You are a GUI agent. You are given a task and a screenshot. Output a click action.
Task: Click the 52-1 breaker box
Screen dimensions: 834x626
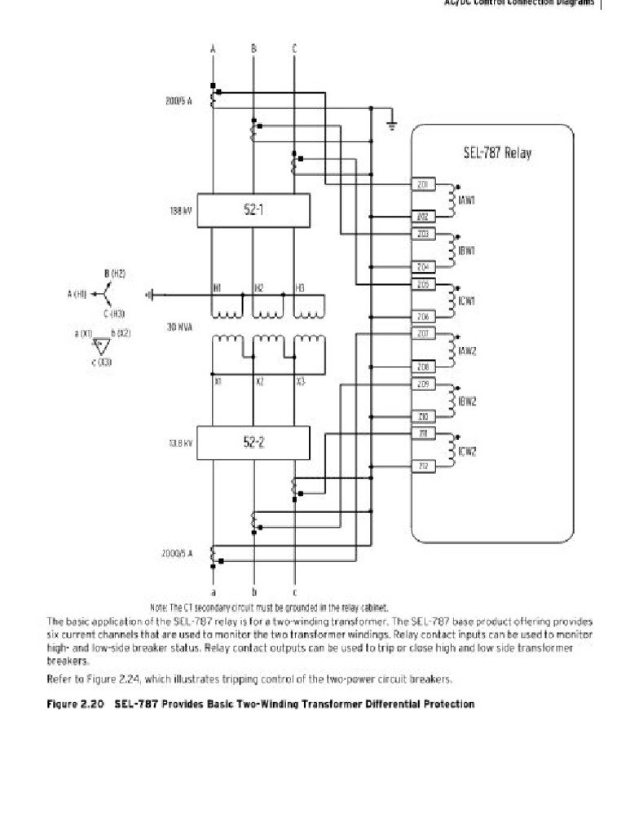pos(253,210)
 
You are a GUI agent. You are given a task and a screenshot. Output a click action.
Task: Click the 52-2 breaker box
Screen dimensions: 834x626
pos(253,444)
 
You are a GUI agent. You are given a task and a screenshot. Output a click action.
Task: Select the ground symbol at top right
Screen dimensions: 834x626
pos(392,125)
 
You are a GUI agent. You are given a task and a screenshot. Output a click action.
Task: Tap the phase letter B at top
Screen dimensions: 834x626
pos(253,49)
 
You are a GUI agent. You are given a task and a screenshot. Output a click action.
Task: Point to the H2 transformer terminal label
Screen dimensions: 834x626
pos(258,288)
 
